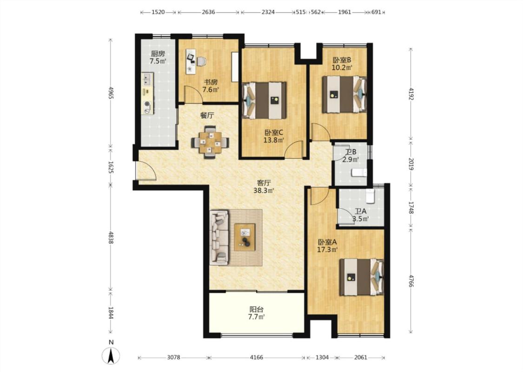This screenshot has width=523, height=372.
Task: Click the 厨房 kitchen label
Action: pyautogui.click(x=158, y=54)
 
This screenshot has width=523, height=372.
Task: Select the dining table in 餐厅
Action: pyautogui.click(x=210, y=143)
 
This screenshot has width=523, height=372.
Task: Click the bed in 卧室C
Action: pyautogui.click(x=265, y=100)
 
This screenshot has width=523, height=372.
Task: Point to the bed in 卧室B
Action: pyautogui.click(x=344, y=94)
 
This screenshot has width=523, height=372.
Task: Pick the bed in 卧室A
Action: pyautogui.click(x=362, y=277)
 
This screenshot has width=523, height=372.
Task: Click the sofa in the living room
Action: pyautogui.click(x=219, y=238)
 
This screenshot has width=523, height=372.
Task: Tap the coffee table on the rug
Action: pyautogui.click(x=245, y=237)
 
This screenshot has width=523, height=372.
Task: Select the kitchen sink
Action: pyautogui.click(x=147, y=80)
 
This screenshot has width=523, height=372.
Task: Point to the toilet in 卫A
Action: pyautogui.click(x=370, y=196)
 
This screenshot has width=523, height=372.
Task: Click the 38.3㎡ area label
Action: pyautogui.click(x=264, y=191)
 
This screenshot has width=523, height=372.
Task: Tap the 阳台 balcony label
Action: pyautogui.click(x=257, y=309)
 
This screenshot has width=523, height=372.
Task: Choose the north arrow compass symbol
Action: pyautogui.click(x=111, y=355)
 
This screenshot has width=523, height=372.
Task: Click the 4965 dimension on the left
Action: pyautogui.click(x=111, y=93)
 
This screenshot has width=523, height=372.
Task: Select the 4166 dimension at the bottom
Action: pyautogui.click(x=257, y=357)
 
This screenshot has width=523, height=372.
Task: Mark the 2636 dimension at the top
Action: pyautogui.click(x=208, y=13)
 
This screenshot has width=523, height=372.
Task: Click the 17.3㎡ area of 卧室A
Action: pyautogui.click(x=327, y=249)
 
